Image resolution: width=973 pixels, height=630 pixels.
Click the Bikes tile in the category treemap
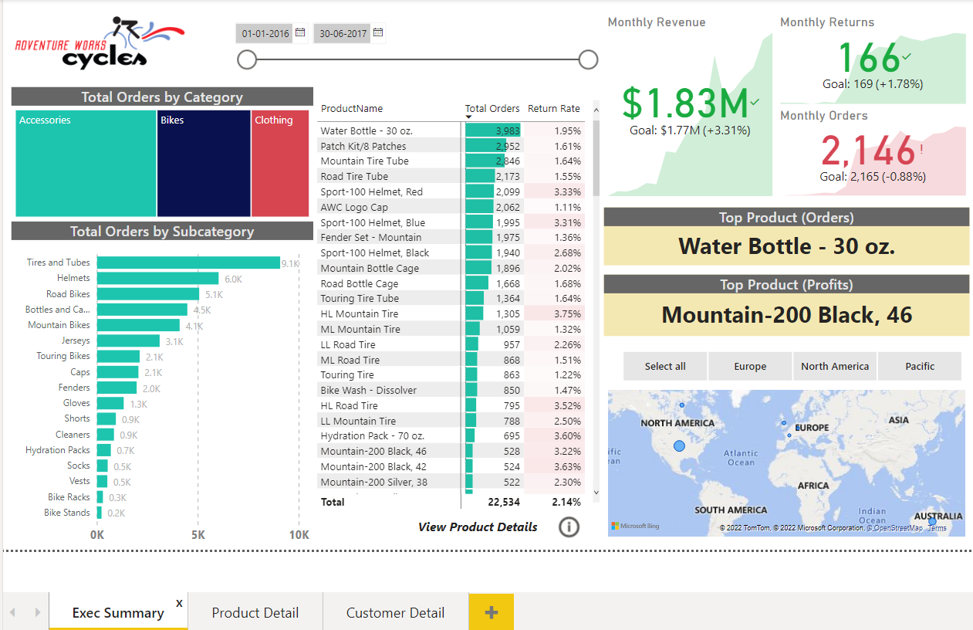click(204, 164)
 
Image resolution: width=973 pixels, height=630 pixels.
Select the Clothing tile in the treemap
click(280, 164)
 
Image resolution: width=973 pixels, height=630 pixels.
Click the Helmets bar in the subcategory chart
click(157, 279)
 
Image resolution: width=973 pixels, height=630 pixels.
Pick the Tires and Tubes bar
click(188, 262)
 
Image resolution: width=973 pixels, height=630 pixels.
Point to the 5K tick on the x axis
click(198, 535)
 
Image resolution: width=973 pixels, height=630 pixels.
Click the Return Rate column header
click(553, 109)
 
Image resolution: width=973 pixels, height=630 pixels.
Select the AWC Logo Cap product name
click(354, 207)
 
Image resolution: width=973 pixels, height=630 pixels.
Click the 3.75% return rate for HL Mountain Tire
click(567, 314)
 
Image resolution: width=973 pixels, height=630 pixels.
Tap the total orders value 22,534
click(504, 502)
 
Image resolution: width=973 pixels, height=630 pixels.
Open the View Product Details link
click(478, 527)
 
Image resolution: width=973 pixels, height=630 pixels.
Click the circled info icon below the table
click(569, 527)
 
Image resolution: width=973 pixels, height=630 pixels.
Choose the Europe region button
click(750, 367)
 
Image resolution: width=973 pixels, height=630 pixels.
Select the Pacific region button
click(920, 367)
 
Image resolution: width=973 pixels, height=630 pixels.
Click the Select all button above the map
click(665, 367)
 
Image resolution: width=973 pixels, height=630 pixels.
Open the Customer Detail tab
click(395, 613)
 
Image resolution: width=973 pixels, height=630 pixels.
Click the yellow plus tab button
click(491, 613)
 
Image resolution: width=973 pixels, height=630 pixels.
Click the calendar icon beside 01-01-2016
click(300, 33)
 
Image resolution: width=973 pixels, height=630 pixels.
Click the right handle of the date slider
click(588, 59)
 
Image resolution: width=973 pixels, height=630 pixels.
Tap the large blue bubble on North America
click(679, 446)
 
